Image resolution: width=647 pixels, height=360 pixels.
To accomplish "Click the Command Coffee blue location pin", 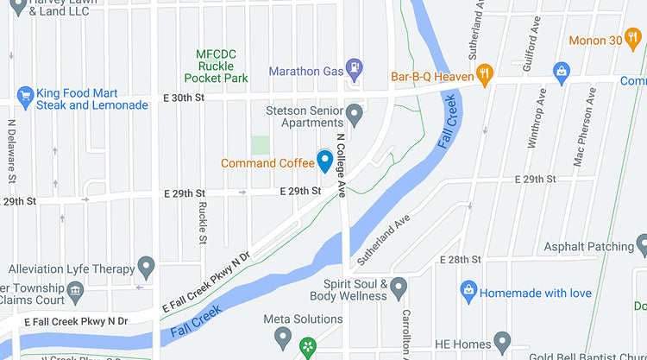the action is pos(324,161).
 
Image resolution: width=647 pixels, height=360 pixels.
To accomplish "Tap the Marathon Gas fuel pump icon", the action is pos(353,66).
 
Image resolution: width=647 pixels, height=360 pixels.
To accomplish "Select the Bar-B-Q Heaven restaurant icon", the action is pos(485,75).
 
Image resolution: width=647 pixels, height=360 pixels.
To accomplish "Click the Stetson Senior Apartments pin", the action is pos(354,113).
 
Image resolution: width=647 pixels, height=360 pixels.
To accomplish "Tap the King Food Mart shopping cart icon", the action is pos(25,94).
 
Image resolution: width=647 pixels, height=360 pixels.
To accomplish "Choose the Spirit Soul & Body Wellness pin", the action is pos(398,286).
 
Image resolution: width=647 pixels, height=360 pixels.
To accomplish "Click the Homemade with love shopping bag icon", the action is pos(468,289).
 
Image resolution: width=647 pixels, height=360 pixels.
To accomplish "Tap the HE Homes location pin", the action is pos(502,339).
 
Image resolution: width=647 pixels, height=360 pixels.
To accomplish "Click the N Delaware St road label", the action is pos(13,152).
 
